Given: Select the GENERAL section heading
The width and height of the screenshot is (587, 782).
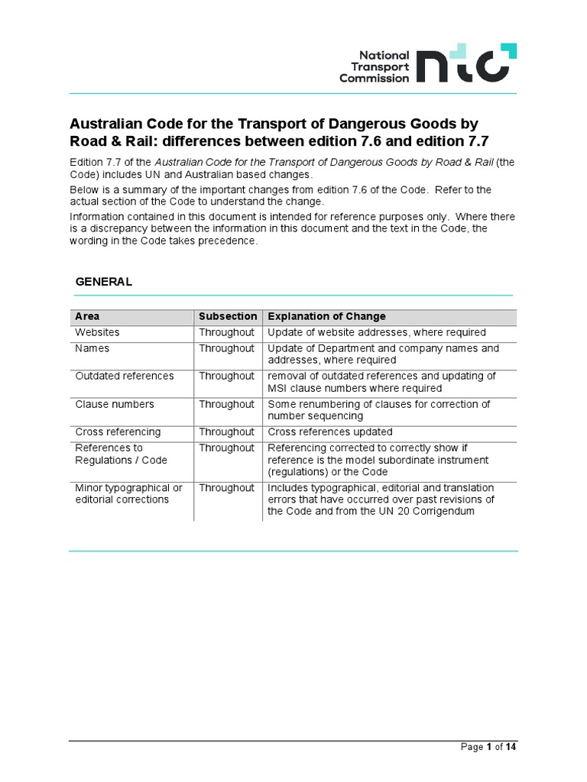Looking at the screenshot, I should point(103,282).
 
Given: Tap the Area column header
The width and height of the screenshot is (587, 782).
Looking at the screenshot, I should point(87,316).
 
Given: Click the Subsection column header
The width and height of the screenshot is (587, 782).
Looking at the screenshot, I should point(228,316).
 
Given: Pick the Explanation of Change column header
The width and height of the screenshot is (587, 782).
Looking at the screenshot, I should point(326,316).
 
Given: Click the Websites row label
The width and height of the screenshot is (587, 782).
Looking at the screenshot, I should point(97,333).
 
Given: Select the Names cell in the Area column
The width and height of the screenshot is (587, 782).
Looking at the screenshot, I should point(92,348).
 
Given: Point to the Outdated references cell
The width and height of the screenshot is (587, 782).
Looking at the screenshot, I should point(124,376).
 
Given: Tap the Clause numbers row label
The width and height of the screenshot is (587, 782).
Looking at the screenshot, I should point(114,404).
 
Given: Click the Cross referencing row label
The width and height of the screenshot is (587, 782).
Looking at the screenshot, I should point(118,431).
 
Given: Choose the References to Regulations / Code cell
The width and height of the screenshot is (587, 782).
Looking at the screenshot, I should point(120,454).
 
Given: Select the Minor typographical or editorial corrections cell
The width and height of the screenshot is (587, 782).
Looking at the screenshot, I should point(128,493).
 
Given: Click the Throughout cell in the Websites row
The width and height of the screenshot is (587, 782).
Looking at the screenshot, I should point(226,333).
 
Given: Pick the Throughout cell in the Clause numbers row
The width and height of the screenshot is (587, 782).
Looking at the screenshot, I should point(226,404).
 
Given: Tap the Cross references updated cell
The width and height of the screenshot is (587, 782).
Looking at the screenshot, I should point(330,431).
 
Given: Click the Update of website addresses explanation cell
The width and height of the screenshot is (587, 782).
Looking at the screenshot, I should point(376,333).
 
